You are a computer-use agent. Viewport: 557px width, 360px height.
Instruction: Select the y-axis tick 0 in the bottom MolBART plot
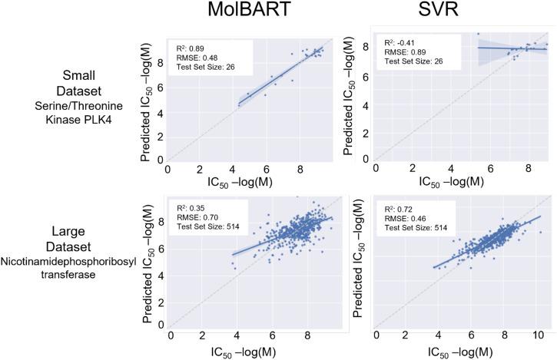coord(161,324)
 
